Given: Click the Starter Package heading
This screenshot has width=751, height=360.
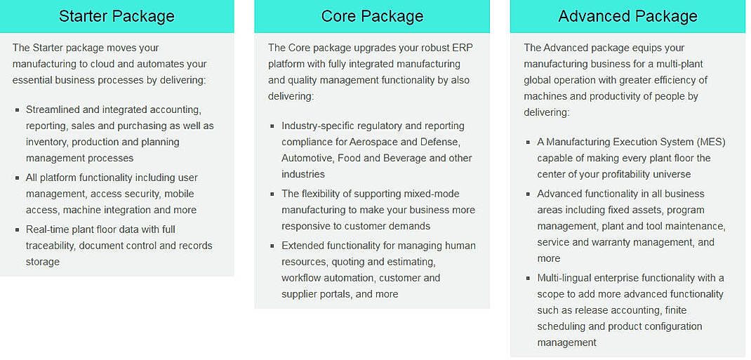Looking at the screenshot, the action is (117, 16).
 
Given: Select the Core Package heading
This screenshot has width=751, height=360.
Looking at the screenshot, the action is (372, 16).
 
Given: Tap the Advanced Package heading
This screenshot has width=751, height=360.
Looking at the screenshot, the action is (628, 16).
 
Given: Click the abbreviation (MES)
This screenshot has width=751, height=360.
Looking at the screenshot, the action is (712, 142).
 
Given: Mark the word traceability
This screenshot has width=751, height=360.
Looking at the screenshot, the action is (50, 246).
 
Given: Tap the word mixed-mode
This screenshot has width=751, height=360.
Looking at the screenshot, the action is (429, 194).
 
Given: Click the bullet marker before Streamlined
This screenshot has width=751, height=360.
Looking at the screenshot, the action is (18, 110).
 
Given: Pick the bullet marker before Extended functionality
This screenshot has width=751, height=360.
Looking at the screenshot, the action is (272, 246).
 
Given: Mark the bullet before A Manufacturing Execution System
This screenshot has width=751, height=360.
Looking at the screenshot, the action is (529, 142).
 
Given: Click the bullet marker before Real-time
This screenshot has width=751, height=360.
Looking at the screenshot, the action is (18, 229).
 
